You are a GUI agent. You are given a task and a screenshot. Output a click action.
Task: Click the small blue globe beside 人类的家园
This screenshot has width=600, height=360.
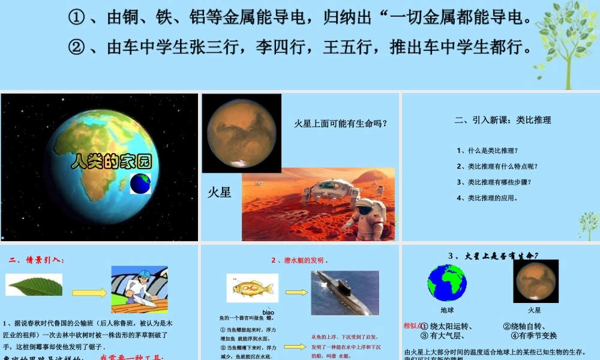[140, 184]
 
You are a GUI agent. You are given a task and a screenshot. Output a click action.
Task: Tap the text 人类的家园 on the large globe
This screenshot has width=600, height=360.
[112, 161]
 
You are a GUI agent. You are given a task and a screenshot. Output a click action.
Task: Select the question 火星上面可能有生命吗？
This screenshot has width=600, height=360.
[340, 124]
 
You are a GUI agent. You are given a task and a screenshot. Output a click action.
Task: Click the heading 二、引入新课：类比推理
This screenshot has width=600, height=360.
[503, 120]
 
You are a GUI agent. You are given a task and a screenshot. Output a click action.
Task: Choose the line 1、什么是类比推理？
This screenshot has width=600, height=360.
[487, 151]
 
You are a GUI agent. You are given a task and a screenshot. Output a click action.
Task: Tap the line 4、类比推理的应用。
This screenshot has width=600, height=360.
[487, 197]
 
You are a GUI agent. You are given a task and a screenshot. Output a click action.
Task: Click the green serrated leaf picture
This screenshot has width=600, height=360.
[34, 285]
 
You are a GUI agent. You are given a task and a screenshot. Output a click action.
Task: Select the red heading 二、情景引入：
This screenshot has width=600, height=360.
[37, 260]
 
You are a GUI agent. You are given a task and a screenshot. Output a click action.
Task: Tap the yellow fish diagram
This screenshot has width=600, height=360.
[253, 289]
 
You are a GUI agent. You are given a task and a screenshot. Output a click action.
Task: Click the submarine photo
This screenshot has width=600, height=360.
[345, 292]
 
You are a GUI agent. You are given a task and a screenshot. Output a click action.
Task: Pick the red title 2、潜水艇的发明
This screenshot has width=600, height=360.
[300, 260]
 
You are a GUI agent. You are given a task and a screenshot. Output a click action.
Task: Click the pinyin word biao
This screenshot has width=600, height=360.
[268, 313]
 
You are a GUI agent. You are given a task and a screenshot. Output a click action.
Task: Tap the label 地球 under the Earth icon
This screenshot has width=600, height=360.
[447, 310]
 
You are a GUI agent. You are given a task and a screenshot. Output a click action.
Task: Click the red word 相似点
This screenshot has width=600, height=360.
[413, 326]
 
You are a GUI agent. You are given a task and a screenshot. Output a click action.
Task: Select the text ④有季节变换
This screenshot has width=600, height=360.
[534, 335]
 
